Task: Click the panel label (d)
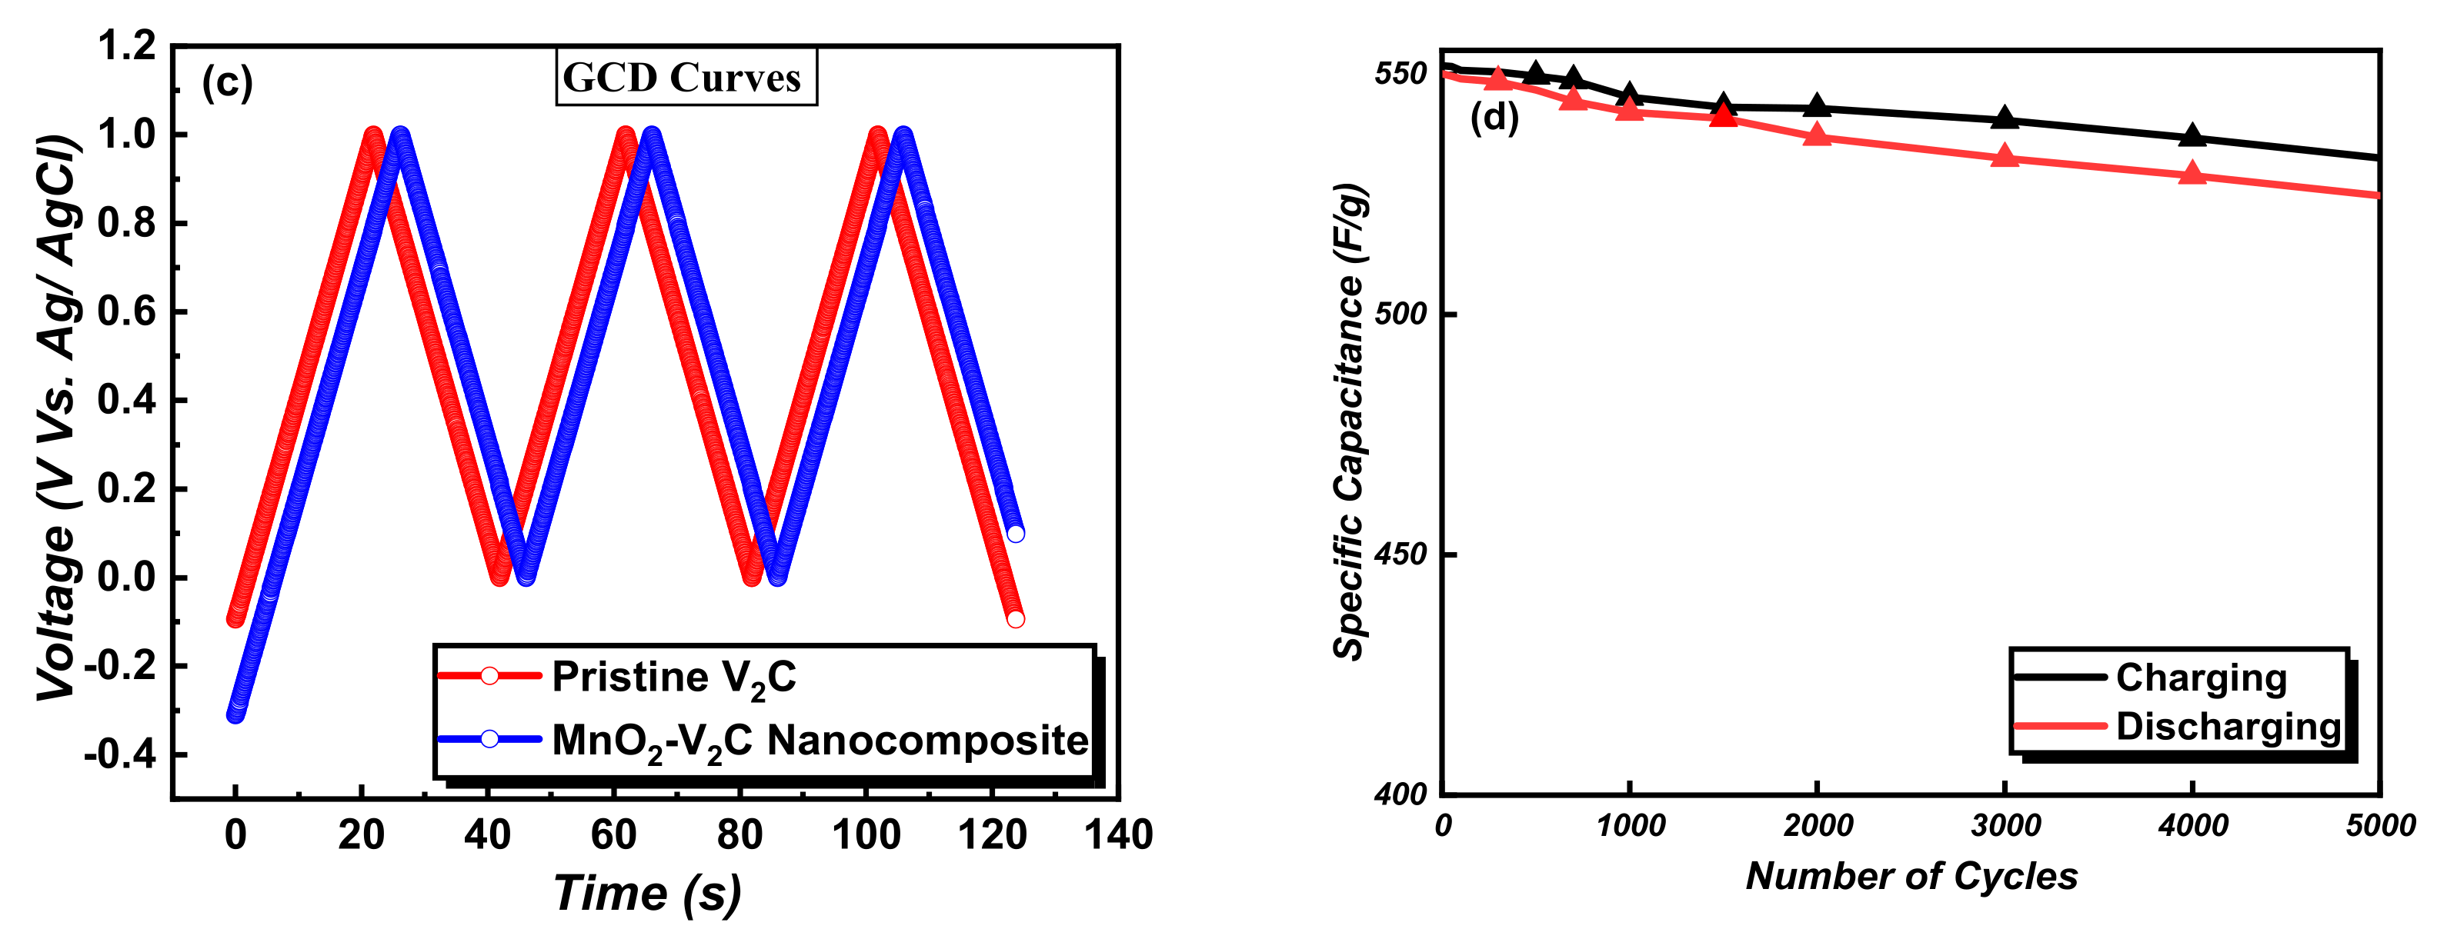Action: (x=1494, y=117)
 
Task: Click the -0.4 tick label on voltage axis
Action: (x=120, y=754)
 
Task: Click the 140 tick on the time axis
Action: (x=1118, y=835)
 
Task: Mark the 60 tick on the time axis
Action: (x=613, y=835)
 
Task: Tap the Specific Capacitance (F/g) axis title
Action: (x=1350, y=422)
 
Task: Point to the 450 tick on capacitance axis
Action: (x=1401, y=554)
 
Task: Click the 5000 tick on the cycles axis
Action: (x=2379, y=826)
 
